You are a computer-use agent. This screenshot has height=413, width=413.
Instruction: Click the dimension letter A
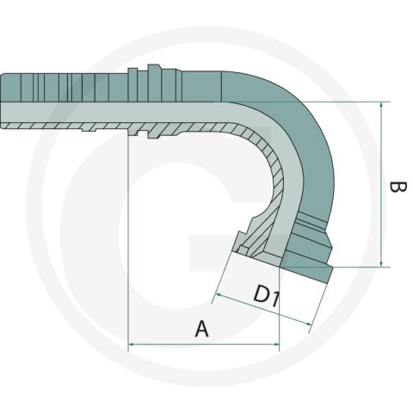(202, 329)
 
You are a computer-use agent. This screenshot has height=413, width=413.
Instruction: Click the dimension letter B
(398, 191)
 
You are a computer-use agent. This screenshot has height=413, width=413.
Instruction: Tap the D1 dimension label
(266, 295)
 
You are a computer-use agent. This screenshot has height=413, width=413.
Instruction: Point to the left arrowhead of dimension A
(131, 343)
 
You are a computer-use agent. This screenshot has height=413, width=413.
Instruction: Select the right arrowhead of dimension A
(276, 343)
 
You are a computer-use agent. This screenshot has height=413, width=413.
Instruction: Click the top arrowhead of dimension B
(381, 105)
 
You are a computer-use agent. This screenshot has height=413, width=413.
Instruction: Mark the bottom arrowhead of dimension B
(381, 263)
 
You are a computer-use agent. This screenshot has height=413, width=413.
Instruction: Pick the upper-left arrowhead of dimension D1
(218, 295)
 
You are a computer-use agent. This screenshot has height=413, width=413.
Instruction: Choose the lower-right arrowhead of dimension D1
(308, 324)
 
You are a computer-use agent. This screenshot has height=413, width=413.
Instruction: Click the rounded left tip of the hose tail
(3, 102)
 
